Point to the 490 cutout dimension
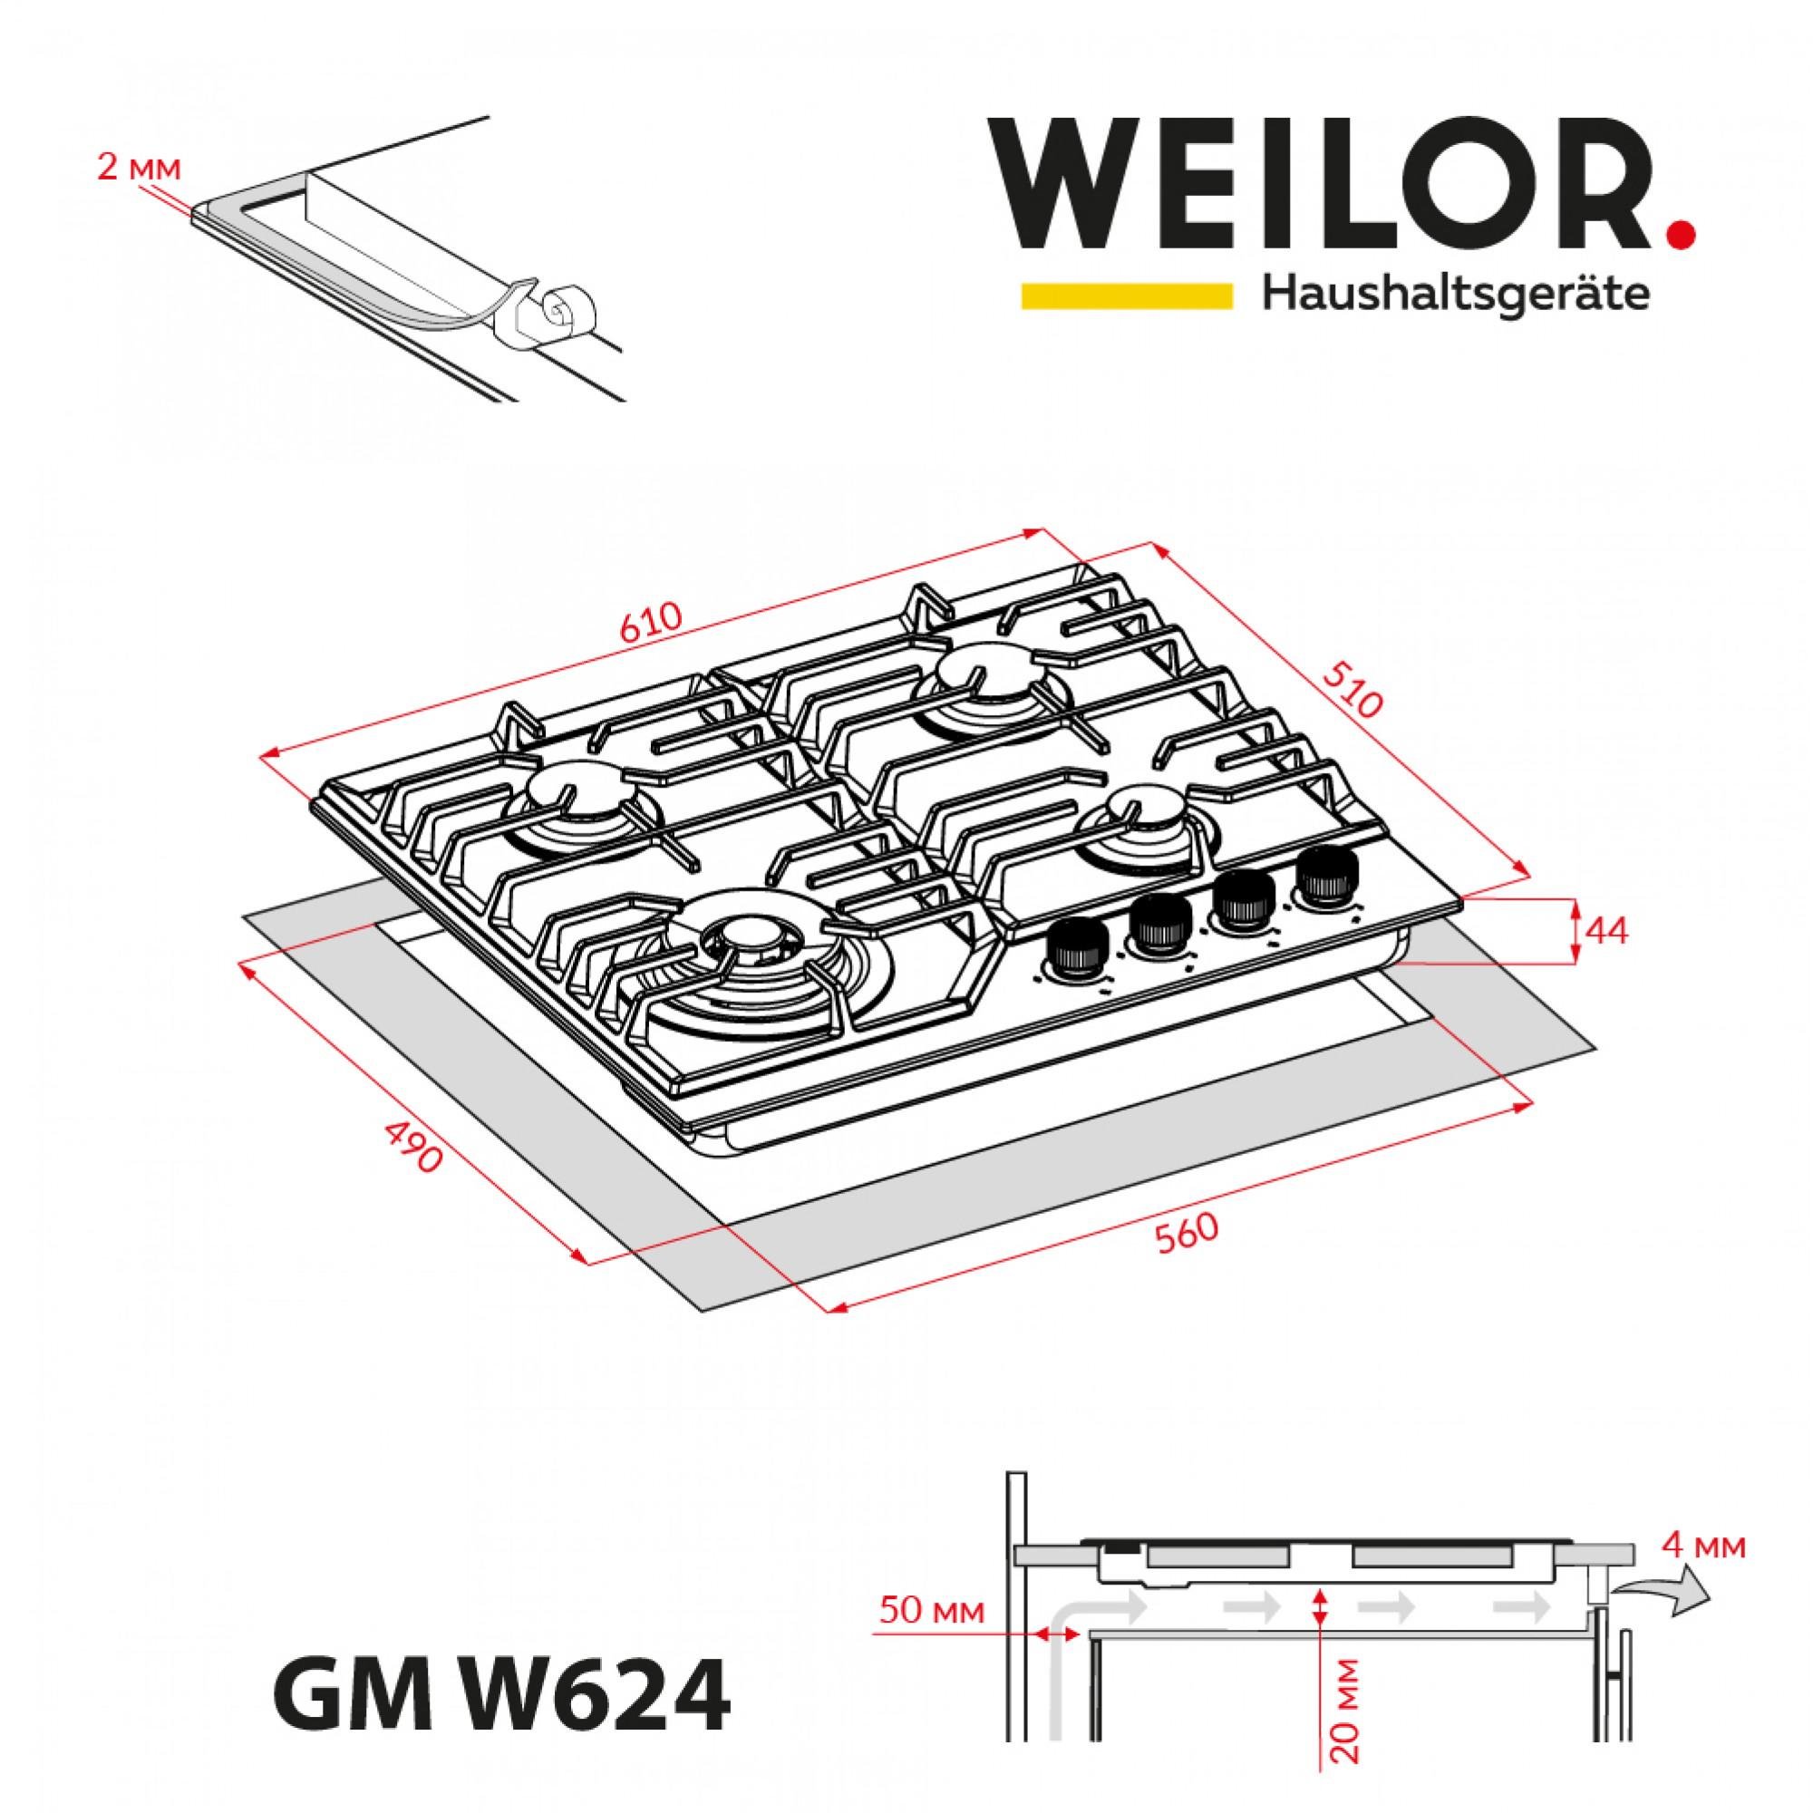pos(412,1146)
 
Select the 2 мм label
pos(137,169)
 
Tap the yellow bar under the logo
pos(1126,295)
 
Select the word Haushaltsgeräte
pos(1456,296)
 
